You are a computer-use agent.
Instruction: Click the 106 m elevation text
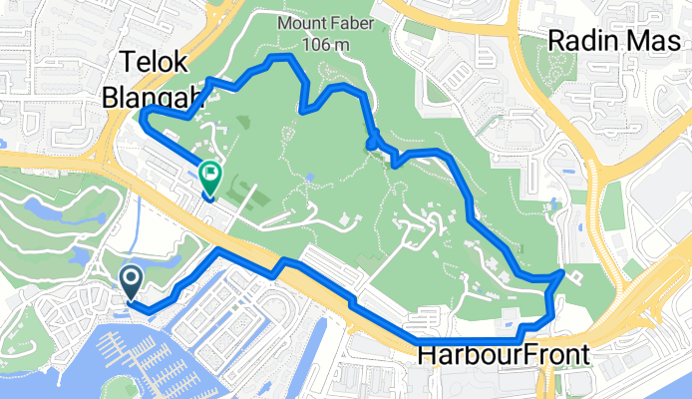(x=327, y=44)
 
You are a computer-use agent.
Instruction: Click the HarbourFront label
(x=503, y=355)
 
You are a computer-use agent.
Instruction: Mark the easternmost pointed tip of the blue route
(x=563, y=271)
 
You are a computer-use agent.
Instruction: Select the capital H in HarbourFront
(x=427, y=355)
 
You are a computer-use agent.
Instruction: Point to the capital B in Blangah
(x=112, y=97)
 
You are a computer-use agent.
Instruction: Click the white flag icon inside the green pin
(x=210, y=174)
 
